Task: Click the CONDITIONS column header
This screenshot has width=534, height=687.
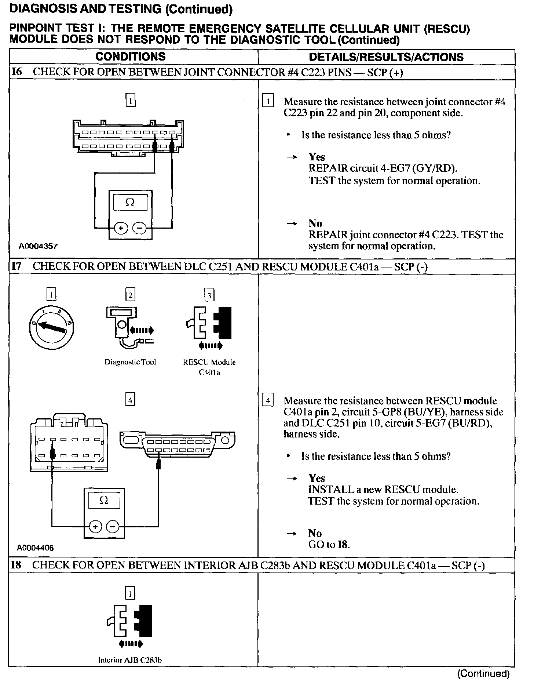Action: tap(130, 57)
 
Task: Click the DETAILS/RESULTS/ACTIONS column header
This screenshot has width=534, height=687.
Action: tap(386, 57)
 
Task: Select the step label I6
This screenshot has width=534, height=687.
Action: tap(17, 72)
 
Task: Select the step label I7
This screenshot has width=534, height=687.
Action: tap(17, 266)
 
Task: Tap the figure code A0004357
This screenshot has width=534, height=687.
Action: tap(38, 246)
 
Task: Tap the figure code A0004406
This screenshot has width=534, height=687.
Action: tap(35, 548)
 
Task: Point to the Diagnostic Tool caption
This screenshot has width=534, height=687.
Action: tap(130, 362)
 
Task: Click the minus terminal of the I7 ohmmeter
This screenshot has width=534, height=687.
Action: tap(113, 527)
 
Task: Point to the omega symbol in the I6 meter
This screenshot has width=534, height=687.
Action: tap(130, 202)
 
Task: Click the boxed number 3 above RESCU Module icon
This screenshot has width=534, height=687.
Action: tap(209, 295)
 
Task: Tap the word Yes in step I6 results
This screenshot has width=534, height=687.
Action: tap(317, 157)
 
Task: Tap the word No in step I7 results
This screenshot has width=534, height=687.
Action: tap(315, 533)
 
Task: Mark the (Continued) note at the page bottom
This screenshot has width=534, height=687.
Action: tap(483, 673)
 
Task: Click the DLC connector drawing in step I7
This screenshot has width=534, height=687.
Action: tap(177, 444)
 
